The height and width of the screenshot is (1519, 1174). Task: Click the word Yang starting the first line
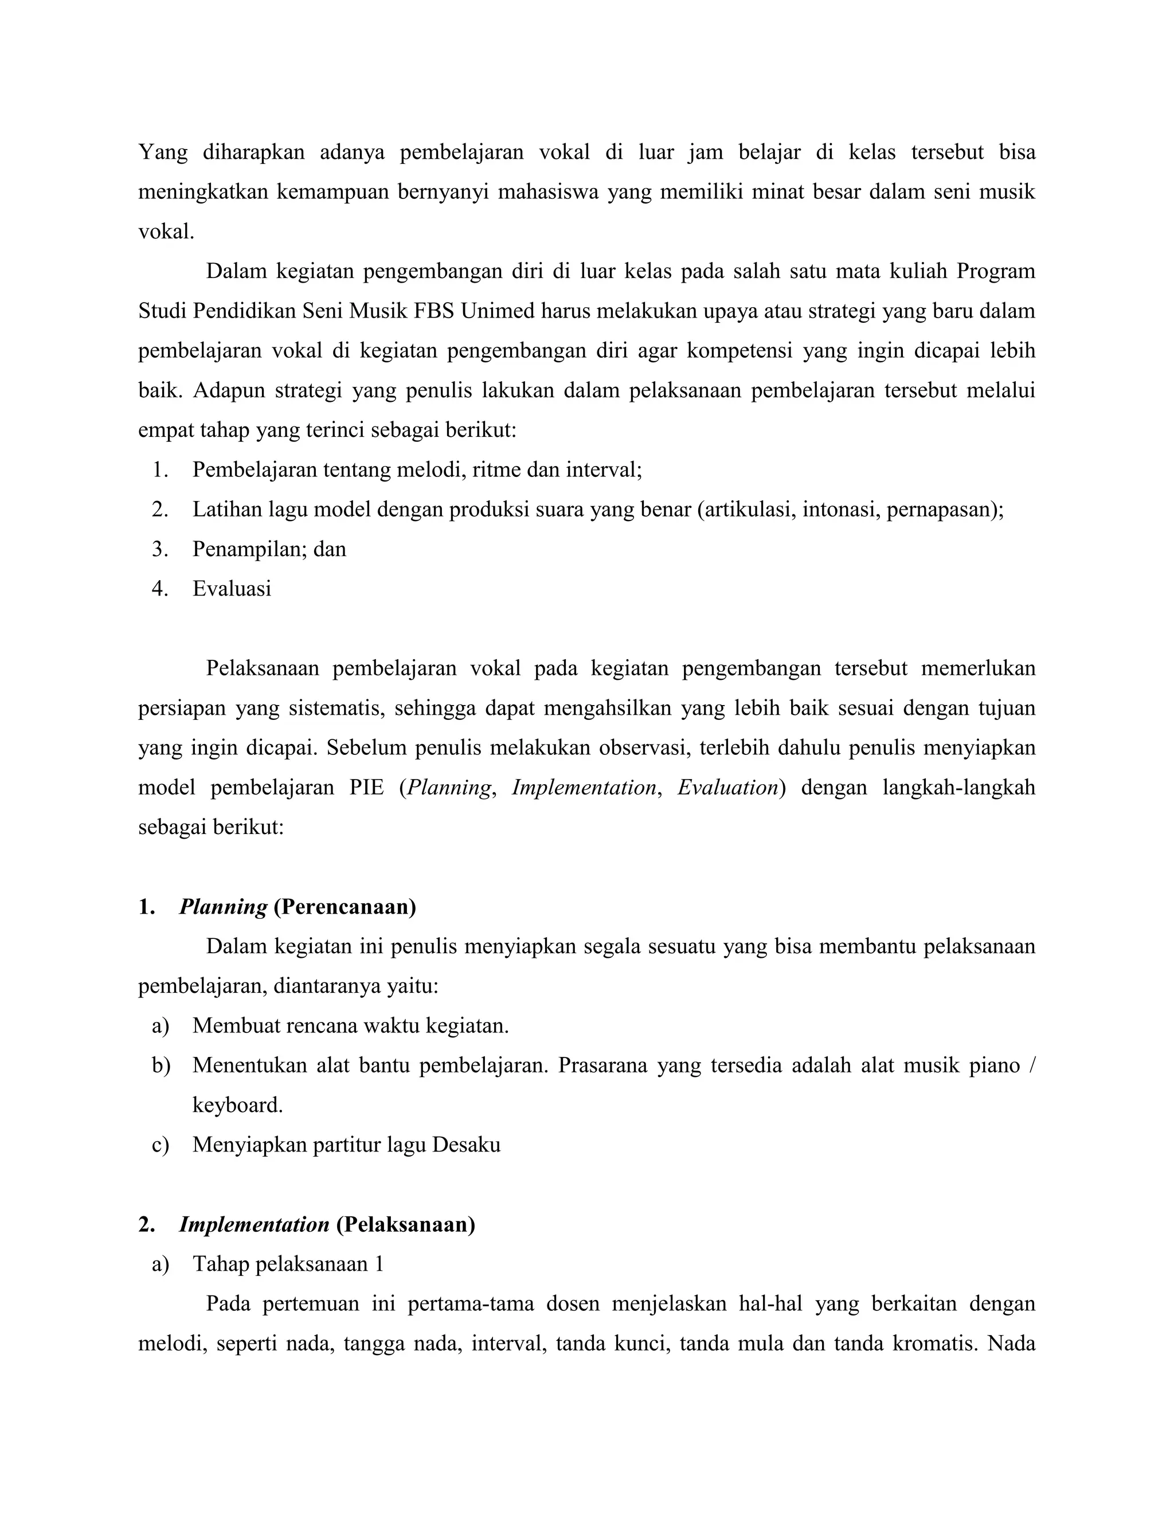[163, 152]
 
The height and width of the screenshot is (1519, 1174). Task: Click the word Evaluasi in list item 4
[232, 589]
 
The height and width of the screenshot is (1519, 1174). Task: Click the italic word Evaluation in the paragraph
[727, 788]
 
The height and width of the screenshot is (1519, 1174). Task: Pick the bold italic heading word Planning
[223, 907]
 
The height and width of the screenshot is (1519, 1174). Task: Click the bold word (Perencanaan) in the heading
[345, 907]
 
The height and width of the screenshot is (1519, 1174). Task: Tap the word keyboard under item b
[237, 1105]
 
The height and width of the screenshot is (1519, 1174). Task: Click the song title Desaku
[466, 1145]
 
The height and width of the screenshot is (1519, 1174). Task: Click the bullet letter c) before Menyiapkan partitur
[160, 1145]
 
